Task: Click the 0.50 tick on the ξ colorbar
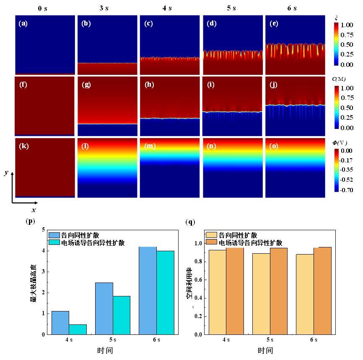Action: coord(347,45)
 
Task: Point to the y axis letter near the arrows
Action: coord(6,173)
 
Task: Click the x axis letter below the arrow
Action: coord(34,210)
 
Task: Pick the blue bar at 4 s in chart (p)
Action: coord(60,323)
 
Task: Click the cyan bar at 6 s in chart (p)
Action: coord(165,293)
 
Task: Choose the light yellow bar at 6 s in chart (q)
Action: coord(305,294)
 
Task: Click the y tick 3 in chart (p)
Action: coord(44,272)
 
